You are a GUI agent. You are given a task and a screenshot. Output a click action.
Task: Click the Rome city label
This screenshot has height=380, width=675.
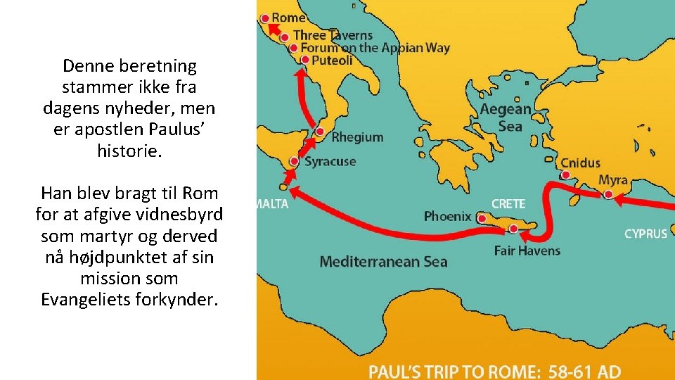288,17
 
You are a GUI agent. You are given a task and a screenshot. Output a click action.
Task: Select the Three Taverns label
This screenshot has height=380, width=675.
333,34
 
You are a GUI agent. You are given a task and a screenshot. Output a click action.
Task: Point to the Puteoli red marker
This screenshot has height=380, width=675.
305,60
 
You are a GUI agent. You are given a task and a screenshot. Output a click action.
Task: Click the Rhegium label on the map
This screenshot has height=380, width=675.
357,137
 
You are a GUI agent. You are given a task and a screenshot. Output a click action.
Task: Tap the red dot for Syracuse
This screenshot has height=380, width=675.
295,162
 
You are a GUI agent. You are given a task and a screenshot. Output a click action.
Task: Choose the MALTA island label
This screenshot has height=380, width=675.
271,204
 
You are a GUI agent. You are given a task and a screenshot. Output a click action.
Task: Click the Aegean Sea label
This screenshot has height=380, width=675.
506,118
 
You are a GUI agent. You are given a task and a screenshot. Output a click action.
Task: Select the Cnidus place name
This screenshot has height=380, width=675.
580,163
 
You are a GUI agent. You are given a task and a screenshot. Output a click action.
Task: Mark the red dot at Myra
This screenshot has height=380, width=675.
608,194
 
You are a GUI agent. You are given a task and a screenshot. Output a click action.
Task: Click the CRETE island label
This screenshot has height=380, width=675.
508,203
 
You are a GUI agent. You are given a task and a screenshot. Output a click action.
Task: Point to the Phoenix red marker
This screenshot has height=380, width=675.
482,219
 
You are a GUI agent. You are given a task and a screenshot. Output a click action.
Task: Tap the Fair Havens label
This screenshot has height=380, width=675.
527,251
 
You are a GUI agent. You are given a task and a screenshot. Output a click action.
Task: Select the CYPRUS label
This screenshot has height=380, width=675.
645,234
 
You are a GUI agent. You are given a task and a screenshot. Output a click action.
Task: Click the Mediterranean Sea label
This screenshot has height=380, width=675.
383,262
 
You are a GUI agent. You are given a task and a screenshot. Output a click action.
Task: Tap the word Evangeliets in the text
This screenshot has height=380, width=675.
91,300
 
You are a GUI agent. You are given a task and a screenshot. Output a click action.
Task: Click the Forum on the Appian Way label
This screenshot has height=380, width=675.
375,48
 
